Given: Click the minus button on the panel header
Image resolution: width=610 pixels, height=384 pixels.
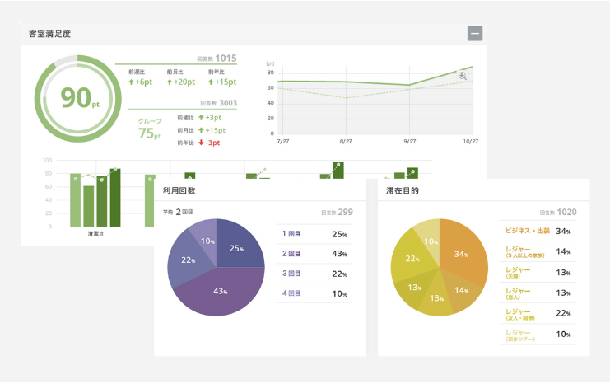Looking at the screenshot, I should point(474,34).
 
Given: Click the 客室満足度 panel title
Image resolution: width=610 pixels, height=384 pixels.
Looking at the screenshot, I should point(49,35).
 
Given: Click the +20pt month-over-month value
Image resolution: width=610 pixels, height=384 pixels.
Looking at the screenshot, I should point(180,82).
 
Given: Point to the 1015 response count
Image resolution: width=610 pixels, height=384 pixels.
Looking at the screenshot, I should point(226,58).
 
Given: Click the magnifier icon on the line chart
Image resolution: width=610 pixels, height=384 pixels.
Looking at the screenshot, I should point(463,76).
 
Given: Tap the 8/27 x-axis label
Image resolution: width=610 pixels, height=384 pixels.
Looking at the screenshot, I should point(346,142).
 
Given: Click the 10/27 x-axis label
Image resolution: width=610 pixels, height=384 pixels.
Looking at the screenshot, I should point(471,142).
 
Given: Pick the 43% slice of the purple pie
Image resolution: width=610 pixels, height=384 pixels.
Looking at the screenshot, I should point(220,291).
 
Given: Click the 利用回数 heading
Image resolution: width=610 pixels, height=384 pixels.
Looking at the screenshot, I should point(181,191).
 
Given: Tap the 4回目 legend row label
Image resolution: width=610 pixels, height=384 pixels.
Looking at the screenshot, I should point(292,293).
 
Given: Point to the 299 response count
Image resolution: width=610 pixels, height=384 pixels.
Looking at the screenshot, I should point(345,213).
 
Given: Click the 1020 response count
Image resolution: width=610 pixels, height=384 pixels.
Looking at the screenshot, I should point(567,212).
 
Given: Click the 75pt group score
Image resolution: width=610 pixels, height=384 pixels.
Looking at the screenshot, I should point(149,133).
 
